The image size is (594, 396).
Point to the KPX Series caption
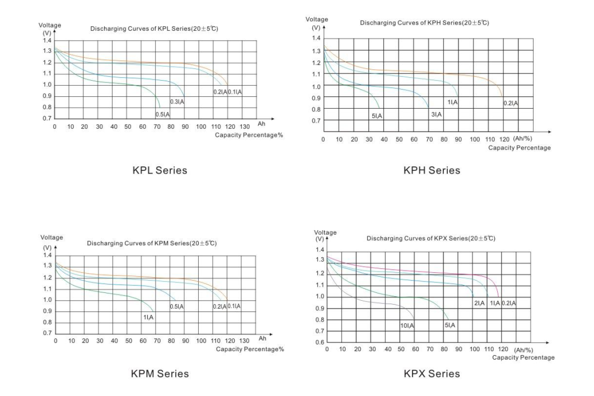tap(431, 374)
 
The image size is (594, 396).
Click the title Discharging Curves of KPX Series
tap(431, 239)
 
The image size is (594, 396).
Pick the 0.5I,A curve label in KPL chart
tap(162, 114)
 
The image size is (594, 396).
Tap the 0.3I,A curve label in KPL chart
tap(177, 102)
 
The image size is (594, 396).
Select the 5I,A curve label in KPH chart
tap(377, 115)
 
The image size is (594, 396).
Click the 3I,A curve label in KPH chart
tap(436, 114)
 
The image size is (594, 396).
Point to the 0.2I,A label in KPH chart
tap(511, 103)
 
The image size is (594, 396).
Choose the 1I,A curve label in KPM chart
tap(148, 317)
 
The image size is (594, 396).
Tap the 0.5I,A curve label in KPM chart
tap(177, 306)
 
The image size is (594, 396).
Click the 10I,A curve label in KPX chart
tap(407, 325)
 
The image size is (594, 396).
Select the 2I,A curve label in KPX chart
tap(479, 303)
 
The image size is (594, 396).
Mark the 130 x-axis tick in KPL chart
tap(245, 127)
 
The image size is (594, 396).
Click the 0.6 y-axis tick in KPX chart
tap(320, 342)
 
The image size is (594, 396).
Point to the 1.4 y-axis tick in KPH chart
tap(316, 38)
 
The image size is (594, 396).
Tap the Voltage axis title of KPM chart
tap(51, 237)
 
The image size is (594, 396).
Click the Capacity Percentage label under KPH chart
tap(519, 148)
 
